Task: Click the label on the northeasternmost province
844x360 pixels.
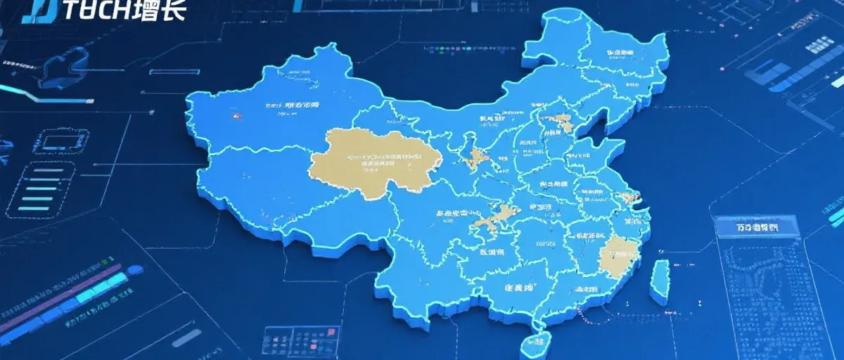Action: point(619,53)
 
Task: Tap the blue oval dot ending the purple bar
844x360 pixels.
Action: point(134,270)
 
